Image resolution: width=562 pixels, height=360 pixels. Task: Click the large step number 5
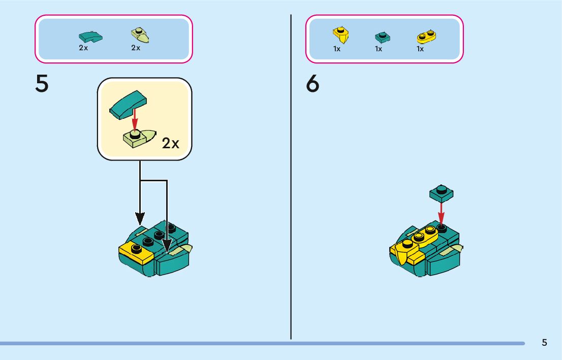(42, 84)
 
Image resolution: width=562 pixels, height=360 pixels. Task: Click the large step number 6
(313, 84)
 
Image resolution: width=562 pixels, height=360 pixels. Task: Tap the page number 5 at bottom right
(544, 342)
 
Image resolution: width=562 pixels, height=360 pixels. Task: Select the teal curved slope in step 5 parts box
(90, 37)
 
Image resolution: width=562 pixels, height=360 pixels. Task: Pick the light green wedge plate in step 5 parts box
(140, 36)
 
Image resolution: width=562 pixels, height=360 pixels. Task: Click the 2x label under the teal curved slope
(83, 48)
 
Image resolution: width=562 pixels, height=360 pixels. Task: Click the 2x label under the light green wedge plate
(136, 48)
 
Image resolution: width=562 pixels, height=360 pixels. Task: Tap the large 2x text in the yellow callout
(171, 144)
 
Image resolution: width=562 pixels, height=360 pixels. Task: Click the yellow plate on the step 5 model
(136, 251)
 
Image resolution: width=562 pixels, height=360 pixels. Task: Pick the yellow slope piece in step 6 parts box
(340, 35)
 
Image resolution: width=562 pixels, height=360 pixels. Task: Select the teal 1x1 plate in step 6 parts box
(382, 37)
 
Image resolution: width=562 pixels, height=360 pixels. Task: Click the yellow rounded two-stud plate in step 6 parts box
(427, 36)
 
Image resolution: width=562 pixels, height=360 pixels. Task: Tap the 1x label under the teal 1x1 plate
(379, 49)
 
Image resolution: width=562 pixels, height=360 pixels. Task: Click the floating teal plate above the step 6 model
(441, 192)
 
